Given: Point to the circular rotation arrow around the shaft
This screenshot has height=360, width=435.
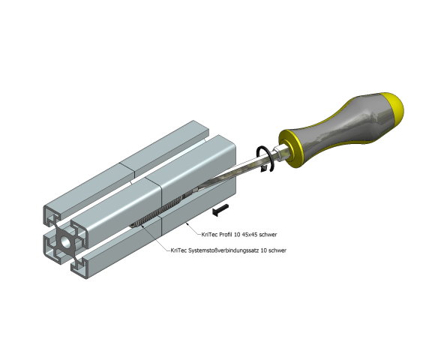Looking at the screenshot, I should tap(262, 160).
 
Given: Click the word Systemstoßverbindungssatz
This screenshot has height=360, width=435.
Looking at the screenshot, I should tap(224, 250).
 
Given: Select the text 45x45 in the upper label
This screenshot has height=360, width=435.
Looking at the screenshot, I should tap(250, 234).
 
